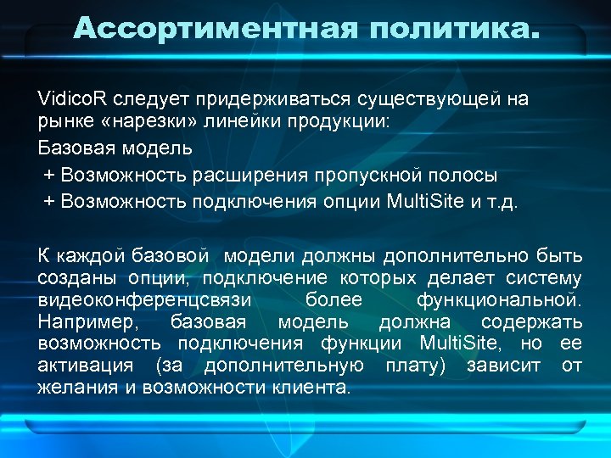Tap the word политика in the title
pyautogui.click(x=450, y=29)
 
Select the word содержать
pyautogui.click(x=531, y=322)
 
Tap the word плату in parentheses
pyautogui.click(x=416, y=366)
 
